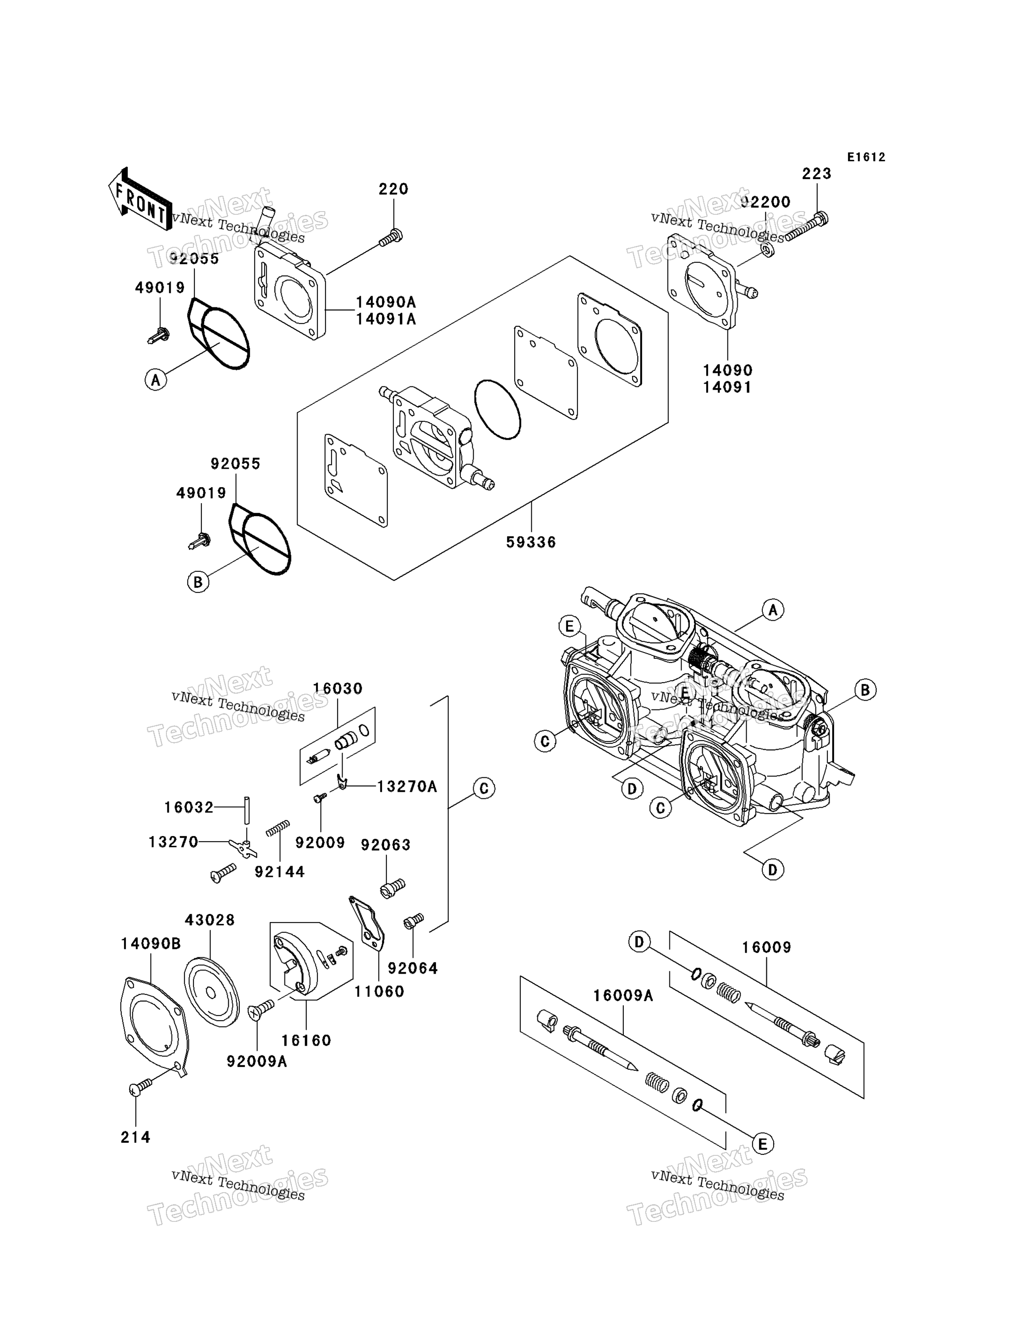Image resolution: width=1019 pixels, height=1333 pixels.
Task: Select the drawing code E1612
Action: point(866,157)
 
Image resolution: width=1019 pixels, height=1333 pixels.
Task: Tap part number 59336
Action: point(531,543)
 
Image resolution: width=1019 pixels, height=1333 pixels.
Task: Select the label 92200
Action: point(766,202)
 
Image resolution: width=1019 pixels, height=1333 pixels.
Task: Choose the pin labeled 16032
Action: point(247,809)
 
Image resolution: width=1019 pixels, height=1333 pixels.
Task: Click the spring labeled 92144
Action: point(278,828)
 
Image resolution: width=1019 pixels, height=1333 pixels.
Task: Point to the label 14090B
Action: point(151,943)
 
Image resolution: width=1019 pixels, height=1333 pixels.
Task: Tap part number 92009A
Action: point(257,1061)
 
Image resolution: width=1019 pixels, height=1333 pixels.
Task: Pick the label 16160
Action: point(306,1041)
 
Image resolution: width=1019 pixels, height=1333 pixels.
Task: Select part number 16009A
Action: point(623,995)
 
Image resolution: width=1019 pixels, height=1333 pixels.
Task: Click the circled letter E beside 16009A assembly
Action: point(762,1144)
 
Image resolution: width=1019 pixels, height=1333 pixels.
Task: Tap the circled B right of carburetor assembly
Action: point(865,690)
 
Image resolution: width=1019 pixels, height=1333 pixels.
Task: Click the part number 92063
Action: point(386,845)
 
